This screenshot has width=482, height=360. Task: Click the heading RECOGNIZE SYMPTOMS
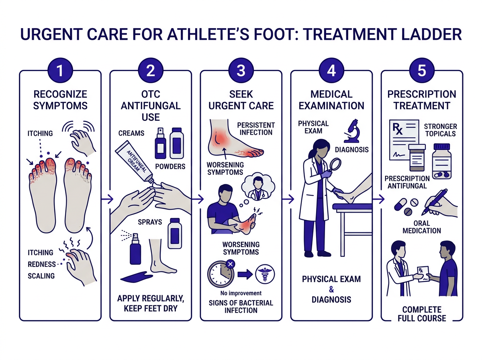(x=60, y=100)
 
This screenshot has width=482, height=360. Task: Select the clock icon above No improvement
(x=220, y=274)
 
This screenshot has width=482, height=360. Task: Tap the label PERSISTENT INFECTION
(x=256, y=129)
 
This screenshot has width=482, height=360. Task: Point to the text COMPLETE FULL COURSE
(x=422, y=314)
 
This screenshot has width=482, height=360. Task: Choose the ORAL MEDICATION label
(x=422, y=227)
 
